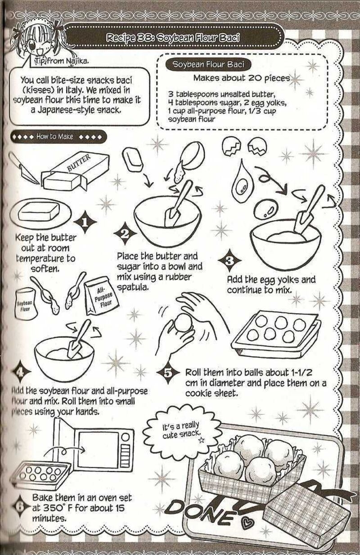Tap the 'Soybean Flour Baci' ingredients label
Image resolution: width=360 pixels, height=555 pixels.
coord(205,64)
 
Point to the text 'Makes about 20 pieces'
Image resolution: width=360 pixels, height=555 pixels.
coord(242,78)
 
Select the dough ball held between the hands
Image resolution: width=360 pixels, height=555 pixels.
coord(183,324)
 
